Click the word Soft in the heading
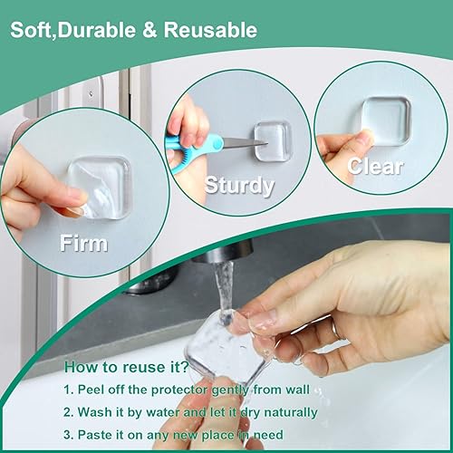33,31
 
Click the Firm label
83,243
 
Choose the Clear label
375,167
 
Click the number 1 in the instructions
68,390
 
